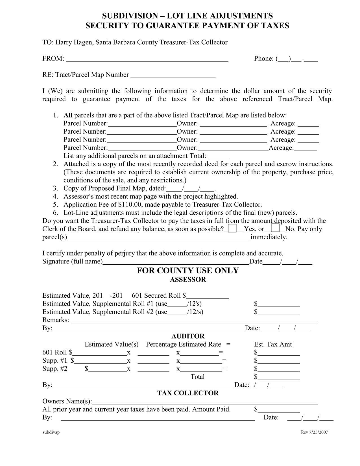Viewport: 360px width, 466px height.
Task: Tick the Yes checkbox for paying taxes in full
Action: click(232, 228)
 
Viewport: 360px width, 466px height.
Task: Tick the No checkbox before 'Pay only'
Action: click(275, 228)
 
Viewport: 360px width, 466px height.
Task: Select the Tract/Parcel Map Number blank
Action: click(173, 75)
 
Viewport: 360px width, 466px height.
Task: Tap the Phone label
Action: click(264, 58)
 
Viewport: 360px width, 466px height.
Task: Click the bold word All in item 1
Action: click(68, 115)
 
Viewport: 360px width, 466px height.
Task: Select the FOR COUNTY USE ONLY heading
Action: click(188, 271)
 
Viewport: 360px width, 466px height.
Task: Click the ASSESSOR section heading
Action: click(188, 280)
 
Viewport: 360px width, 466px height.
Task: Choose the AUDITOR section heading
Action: click(188, 336)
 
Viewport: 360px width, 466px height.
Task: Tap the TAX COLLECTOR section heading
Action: click(188, 393)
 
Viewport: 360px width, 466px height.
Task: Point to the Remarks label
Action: click(56, 320)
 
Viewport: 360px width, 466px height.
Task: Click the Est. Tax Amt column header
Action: click(273, 344)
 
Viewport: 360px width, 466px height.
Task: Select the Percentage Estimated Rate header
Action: click(184, 344)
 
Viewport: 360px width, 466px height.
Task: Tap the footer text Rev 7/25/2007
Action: click(314, 432)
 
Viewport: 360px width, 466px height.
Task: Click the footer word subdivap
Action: click(51, 432)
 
